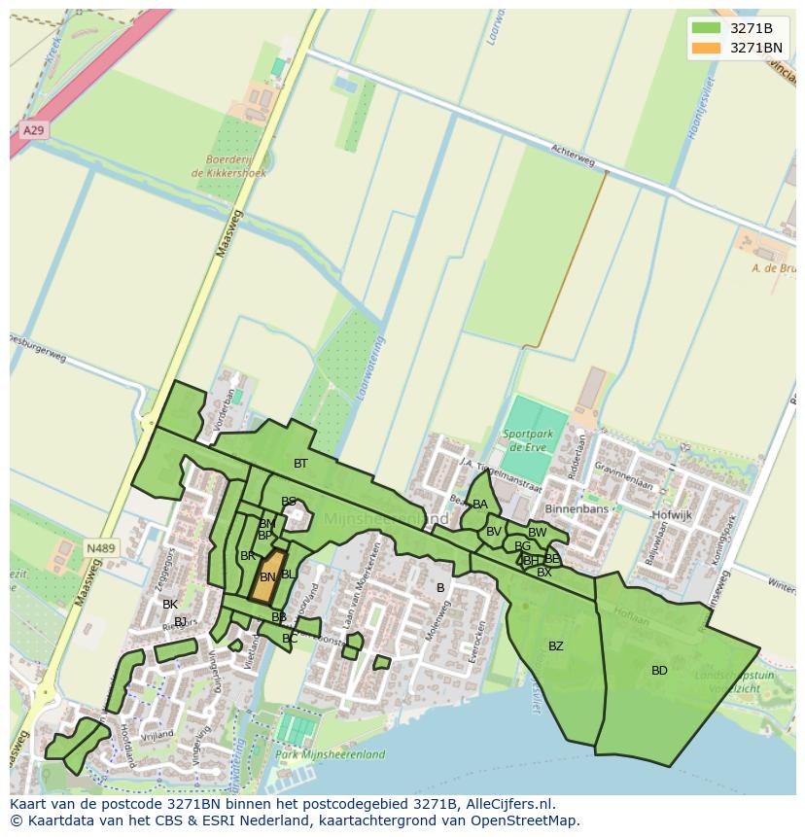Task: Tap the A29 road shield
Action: [33, 130]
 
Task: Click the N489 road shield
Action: [100, 548]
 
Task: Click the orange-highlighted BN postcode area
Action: [268, 577]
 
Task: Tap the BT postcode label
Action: [300, 464]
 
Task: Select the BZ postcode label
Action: [556, 646]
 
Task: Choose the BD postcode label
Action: [659, 671]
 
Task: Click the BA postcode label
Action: [480, 505]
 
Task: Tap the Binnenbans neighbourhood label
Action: [577, 509]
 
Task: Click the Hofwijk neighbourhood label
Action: [672, 515]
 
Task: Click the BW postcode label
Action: [537, 533]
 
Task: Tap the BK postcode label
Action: [170, 605]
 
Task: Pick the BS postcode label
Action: [289, 502]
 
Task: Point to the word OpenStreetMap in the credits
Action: [530, 820]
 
